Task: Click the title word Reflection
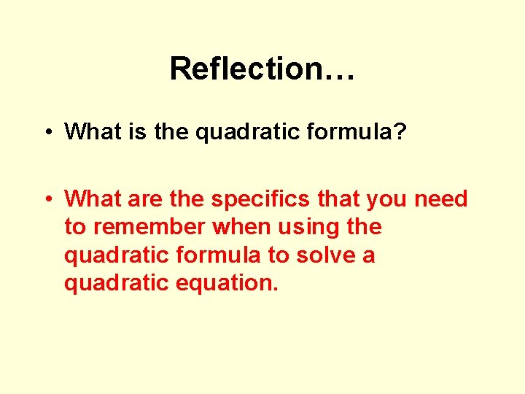click(x=244, y=69)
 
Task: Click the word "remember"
click(x=149, y=227)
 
